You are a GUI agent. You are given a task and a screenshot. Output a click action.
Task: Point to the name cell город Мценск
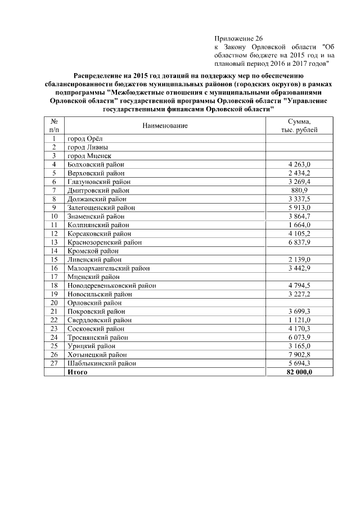click(x=89, y=155)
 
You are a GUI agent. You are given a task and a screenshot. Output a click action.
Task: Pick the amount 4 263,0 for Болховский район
click(x=299, y=164)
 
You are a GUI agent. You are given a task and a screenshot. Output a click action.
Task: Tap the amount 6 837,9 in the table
click(x=299, y=242)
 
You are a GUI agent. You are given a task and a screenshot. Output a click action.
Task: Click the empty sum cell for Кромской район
click(x=299, y=251)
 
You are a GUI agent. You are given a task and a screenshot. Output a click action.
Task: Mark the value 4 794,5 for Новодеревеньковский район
click(x=299, y=286)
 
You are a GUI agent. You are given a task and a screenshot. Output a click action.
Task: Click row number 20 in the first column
click(x=55, y=303)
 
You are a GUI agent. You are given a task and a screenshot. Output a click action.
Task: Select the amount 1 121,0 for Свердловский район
click(x=299, y=320)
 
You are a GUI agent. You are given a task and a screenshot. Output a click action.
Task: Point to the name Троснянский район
click(x=97, y=337)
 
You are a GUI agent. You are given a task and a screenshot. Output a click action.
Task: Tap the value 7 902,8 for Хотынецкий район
click(x=299, y=355)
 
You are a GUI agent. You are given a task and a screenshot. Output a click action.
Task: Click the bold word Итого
click(x=77, y=372)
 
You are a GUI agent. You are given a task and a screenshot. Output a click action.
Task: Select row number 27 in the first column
click(x=55, y=363)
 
